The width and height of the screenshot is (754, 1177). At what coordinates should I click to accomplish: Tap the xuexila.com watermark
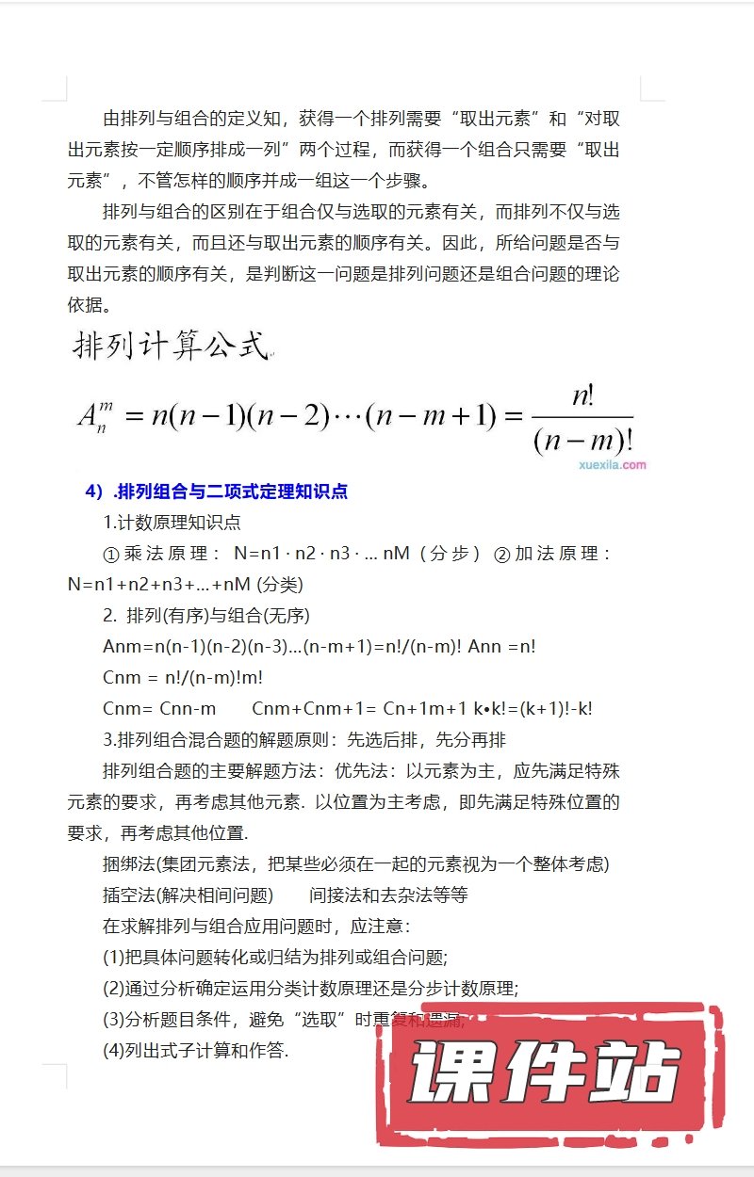[x=612, y=464]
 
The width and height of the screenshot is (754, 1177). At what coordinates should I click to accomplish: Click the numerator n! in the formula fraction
[x=582, y=396]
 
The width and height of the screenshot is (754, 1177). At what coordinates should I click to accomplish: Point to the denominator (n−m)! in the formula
[x=582, y=440]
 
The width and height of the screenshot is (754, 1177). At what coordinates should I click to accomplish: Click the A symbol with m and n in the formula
[x=95, y=415]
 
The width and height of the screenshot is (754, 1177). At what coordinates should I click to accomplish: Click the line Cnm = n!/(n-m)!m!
[x=183, y=678]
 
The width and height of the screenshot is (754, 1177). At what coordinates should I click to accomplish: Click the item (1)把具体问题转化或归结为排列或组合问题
[x=274, y=958]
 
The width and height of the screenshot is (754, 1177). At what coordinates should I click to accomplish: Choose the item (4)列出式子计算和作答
[x=195, y=1051]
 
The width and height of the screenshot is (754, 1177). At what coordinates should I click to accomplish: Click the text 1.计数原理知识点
[x=172, y=523]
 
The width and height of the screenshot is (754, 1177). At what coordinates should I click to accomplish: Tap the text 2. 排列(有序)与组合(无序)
[x=206, y=616]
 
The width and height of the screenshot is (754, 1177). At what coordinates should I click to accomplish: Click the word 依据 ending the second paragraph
[x=88, y=305]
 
